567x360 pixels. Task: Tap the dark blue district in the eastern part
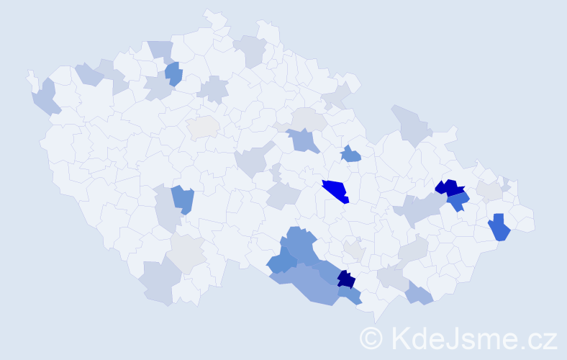click(450, 189)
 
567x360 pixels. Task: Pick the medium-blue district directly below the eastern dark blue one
click(458, 202)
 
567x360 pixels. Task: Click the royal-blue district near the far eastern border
click(499, 228)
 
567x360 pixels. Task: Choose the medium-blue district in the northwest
click(173, 73)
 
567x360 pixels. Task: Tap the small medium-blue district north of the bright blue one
click(350, 154)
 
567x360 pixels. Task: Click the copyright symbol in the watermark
click(372, 337)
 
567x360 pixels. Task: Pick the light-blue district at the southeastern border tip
click(419, 293)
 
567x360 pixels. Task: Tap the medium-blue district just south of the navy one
click(349, 294)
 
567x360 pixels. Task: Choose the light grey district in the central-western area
click(202, 127)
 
